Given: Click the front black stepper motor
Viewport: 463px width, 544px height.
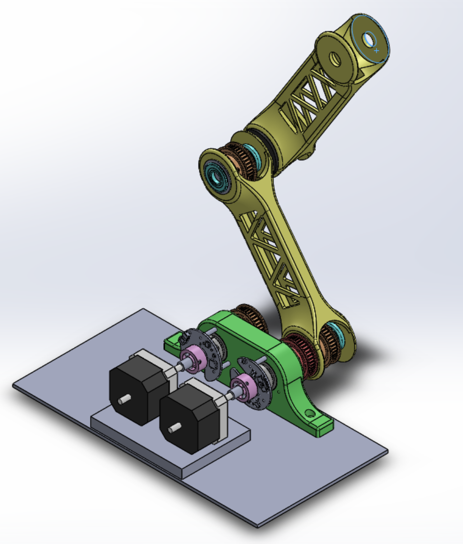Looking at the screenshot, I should tap(188, 418).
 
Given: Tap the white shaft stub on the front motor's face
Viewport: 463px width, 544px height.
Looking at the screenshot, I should tap(172, 430).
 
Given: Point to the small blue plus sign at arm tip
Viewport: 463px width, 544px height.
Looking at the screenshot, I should tap(376, 50).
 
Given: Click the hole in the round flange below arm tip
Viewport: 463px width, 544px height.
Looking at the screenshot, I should tap(336, 59).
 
